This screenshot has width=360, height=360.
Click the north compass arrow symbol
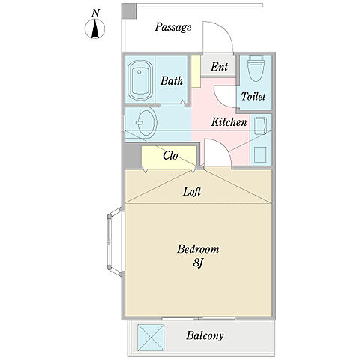(95, 29)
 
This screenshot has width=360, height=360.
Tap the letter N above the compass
(95, 13)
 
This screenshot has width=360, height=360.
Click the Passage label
(173, 27)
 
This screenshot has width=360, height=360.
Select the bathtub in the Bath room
(140, 80)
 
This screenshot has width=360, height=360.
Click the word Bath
(172, 81)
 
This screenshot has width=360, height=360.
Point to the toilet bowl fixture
(256, 68)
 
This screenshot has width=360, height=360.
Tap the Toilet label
(253, 96)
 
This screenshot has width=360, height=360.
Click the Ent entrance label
(219, 67)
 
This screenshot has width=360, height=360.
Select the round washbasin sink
(146, 123)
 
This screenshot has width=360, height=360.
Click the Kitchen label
(229, 122)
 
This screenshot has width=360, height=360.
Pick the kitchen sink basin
(260, 126)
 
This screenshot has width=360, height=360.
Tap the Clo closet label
(170, 156)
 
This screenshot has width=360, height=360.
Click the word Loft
(192, 192)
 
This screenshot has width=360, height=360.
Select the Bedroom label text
(198, 249)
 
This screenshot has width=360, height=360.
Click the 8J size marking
(197, 262)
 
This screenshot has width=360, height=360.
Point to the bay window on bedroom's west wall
(115, 241)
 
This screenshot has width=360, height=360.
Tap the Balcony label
(205, 335)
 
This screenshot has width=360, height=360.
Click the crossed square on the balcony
(151, 337)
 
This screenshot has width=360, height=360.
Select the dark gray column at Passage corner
(129, 11)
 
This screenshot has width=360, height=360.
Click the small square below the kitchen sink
(260, 154)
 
